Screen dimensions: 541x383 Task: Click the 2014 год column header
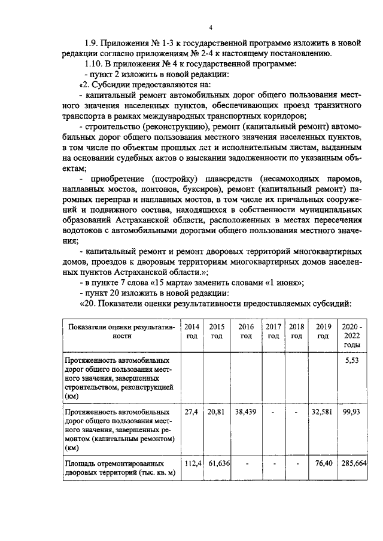191,331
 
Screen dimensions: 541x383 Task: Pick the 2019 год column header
323,331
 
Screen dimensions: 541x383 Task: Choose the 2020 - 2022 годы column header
352,336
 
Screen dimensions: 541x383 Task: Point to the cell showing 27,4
191,412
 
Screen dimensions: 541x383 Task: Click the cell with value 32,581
323,412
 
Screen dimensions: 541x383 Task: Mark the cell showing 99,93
352,412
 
